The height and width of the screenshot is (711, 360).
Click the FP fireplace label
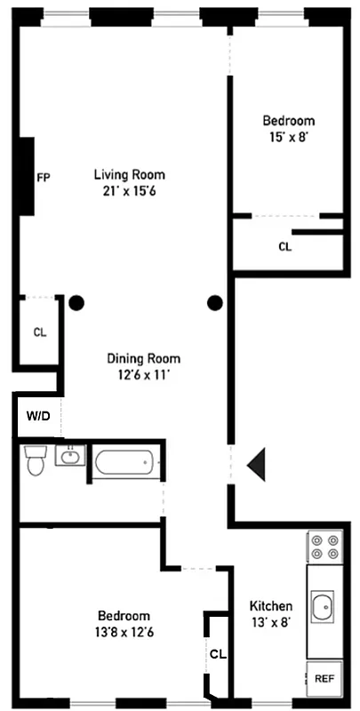[x=43, y=177]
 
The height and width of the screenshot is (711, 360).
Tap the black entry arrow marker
[x=257, y=465]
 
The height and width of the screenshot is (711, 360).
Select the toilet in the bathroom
[x=36, y=460]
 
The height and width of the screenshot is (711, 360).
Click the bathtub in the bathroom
[x=125, y=461]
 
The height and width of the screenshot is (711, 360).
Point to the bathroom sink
[x=69, y=457]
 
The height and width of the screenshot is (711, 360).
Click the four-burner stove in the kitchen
[x=324, y=545]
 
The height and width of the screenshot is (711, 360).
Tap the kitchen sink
[x=324, y=609]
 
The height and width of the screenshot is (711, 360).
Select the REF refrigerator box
[x=324, y=678]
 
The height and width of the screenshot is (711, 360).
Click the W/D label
[x=37, y=416]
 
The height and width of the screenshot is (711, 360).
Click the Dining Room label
[x=143, y=359]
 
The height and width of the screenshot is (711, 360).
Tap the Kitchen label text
[x=271, y=606]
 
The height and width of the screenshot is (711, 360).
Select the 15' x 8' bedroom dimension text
[x=288, y=137]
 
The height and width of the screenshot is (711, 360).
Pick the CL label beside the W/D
[x=39, y=332]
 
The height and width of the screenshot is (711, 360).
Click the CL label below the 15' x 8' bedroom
[x=284, y=247]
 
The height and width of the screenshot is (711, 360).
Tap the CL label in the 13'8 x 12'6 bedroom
[x=218, y=654]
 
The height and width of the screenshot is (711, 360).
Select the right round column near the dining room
[x=214, y=303]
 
